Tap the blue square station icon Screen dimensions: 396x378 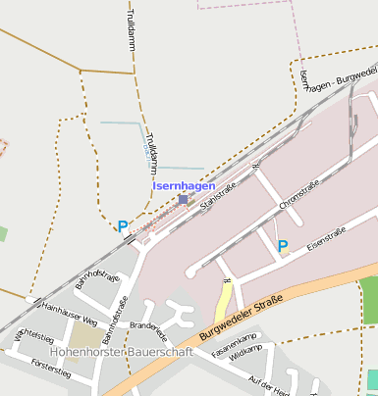point(183,199)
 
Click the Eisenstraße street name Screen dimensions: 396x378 point(326,239)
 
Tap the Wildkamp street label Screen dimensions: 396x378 point(245,360)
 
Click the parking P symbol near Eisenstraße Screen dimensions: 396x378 point(283,246)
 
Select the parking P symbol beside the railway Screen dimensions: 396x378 point(123,226)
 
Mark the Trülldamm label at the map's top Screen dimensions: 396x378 point(131,32)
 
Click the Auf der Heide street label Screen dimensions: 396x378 point(267,384)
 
